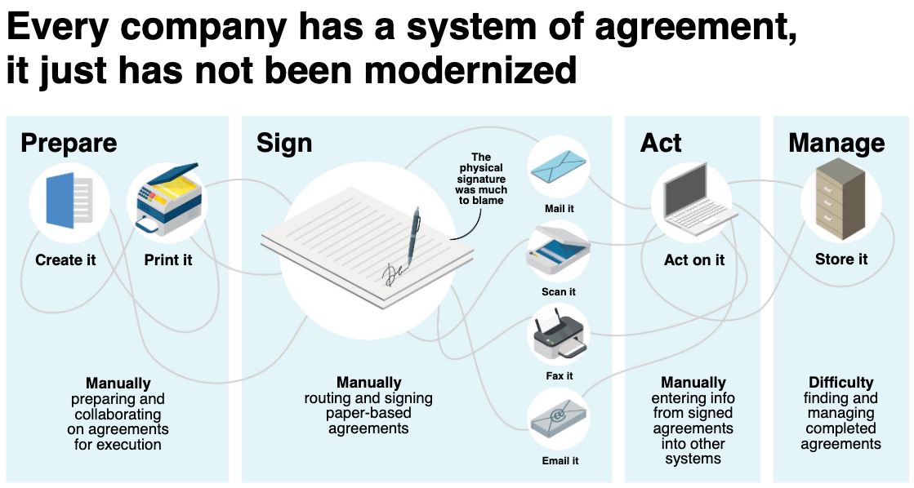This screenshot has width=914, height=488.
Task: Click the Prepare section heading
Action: [x=69, y=144]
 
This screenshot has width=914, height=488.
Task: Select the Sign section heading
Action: [x=284, y=144]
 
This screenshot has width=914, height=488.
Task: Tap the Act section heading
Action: [x=661, y=143]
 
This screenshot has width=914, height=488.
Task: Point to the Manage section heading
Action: [x=836, y=144]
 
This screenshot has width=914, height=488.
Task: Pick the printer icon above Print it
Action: [x=168, y=200]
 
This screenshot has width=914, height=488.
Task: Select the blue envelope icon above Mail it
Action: [x=558, y=168]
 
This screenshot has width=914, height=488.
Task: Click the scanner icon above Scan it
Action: [x=558, y=254]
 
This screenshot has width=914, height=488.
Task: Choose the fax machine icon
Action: [x=559, y=336]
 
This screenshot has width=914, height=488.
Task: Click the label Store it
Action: [x=840, y=260]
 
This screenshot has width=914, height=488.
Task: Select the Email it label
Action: [x=560, y=460]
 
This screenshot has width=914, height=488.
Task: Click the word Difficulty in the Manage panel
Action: [x=840, y=383]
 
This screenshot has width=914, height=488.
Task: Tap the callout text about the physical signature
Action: [x=481, y=179]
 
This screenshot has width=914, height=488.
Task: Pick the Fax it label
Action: [x=559, y=375]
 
